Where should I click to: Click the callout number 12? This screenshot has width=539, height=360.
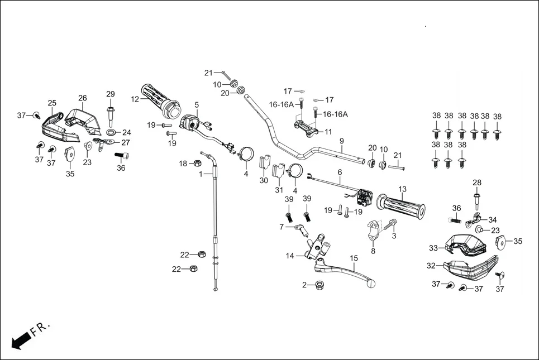pyautogui.click(x=135, y=99)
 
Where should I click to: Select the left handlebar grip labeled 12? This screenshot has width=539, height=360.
pyautogui.click(x=160, y=100)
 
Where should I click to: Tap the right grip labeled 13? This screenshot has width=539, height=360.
pyautogui.click(x=400, y=204)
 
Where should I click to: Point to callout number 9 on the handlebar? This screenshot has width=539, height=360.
pyautogui.click(x=341, y=141)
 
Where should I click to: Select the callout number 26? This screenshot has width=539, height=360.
pyautogui.click(x=83, y=98)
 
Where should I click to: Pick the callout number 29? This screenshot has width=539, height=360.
pyautogui.click(x=110, y=93)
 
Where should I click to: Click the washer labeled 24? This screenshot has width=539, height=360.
pyautogui.click(x=111, y=132)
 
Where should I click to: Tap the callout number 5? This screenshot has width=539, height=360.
pyautogui.click(x=197, y=104)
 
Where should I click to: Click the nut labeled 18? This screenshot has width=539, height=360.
pyautogui.click(x=197, y=164)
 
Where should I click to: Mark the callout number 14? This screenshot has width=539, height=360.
pyautogui.click(x=290, y=256)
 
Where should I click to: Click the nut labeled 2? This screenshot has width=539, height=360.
pyautogui.click(x=320, y=285)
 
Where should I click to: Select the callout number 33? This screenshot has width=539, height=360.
pyautogui.click(x=433, y=248)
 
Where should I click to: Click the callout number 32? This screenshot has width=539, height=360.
pyautogui.click(x=431, y=266)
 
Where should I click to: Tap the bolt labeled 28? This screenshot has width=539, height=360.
pyautogui.click(x=477, y=200)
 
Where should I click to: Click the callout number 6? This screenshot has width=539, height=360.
pyautogui.click(x=339, y=172)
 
